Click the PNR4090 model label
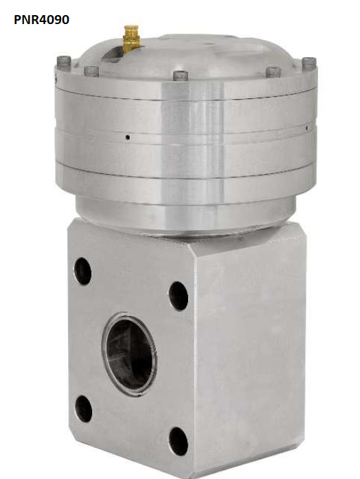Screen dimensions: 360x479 (41, 20)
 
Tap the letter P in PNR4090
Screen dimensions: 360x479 (17, 20)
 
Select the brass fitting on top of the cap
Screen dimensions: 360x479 (131, 39)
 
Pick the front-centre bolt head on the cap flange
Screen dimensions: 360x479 (181, 76)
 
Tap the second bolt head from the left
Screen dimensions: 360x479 (91, 71)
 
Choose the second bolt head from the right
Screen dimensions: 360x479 (273, 72)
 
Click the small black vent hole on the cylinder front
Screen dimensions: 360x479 (128, 137)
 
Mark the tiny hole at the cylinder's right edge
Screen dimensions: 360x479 (307, 129)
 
